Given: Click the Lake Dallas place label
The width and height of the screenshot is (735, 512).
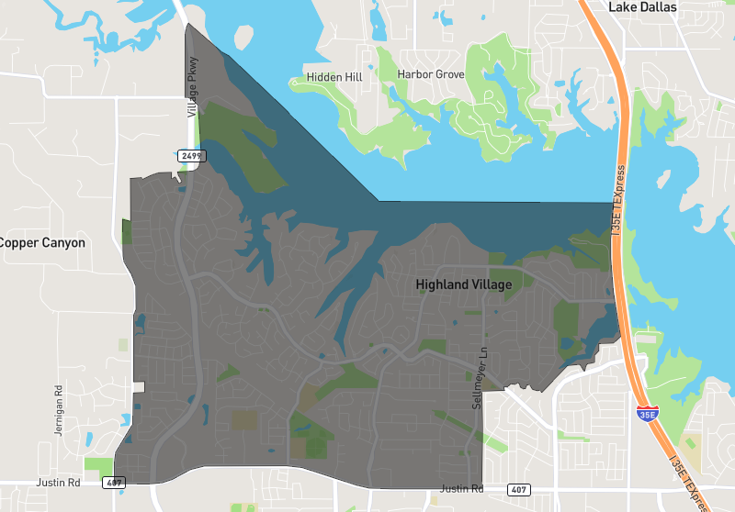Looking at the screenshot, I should [642, 7].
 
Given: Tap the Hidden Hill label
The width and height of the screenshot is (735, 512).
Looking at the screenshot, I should [334, 78].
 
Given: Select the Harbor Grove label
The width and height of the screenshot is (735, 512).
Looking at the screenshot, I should [431, 74].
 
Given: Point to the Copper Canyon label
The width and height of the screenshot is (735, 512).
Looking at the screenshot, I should [42, 243].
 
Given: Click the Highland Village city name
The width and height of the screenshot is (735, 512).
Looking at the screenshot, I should [463, 284].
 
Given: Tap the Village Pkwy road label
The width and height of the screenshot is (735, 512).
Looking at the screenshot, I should [192, 95].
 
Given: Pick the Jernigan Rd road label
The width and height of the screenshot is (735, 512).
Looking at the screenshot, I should [58, 409].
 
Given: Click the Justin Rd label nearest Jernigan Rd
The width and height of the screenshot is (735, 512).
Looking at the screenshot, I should [58, 482].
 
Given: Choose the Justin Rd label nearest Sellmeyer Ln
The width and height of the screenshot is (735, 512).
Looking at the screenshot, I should [461, 488].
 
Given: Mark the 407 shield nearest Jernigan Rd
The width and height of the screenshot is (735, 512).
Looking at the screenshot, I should [113, 482].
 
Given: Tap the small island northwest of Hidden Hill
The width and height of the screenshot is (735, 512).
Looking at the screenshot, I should [243, 37].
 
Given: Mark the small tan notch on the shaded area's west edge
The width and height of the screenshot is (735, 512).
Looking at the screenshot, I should [138, 386].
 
